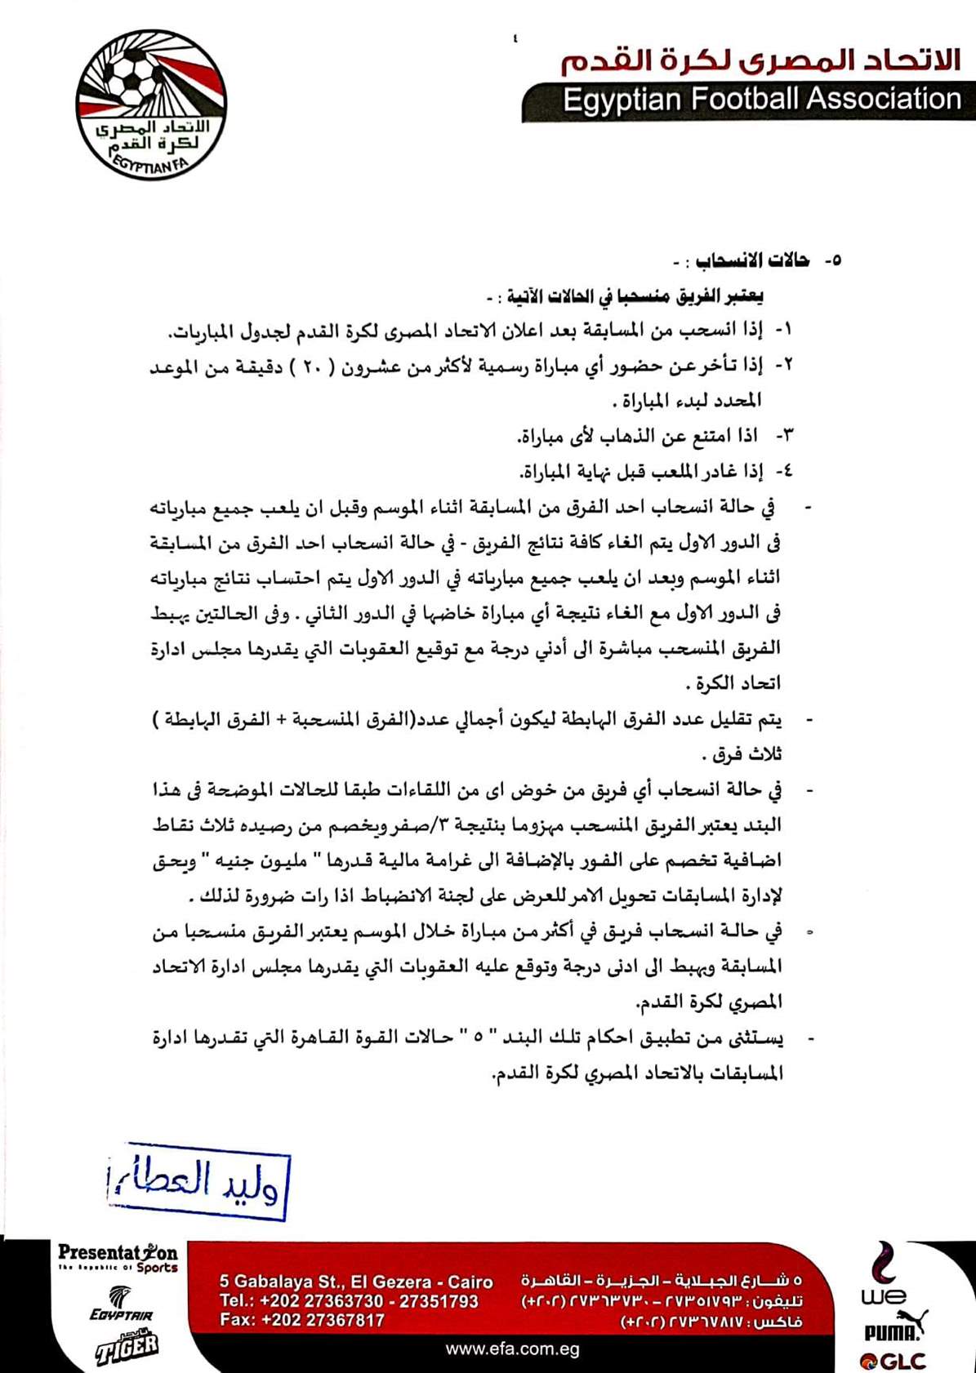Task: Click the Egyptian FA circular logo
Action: (151, 105)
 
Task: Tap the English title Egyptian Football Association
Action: (761, 100)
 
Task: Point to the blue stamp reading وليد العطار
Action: (198, 1180)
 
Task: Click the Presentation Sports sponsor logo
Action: (118, 1258)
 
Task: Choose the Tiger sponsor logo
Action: (127, 1346)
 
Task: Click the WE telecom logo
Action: (882, 1278)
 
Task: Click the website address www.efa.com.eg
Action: (512, 1349)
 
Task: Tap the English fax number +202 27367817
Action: (302, 1320)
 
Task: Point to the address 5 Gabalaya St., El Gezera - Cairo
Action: (356, 1282)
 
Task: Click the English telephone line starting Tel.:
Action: (349, 1300)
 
